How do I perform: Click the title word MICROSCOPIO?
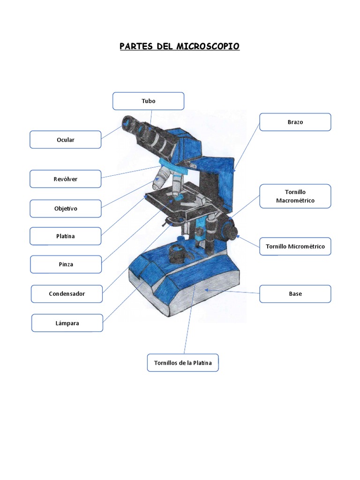[x=208, y=46]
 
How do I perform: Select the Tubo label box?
[x=148, y=101]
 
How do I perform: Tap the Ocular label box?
[x=66, y=140]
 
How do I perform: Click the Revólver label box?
[x=66, y=179]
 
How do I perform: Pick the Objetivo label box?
[x=66, y=209]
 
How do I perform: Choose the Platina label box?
[x=66, y=236]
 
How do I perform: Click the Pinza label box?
[x=66, y=264]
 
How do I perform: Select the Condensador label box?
[x=67, y=294]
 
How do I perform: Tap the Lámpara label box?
[x=67, y=323]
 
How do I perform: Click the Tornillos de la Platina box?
[x=183, y=363]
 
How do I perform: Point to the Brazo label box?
[x=295, y=122]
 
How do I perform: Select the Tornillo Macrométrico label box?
[x=295, y=196]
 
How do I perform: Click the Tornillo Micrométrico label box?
[x=295, y=246]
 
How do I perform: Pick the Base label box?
[x=295, y=294]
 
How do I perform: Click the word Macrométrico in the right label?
[x=295, y=201]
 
